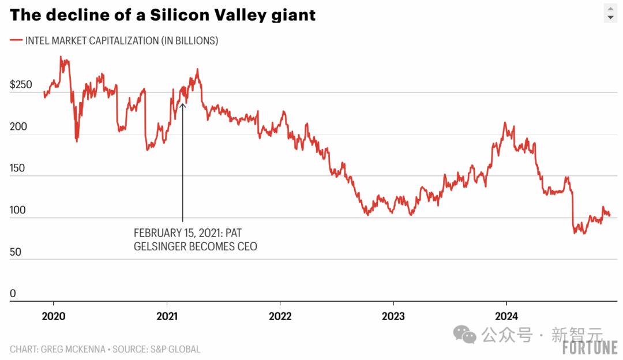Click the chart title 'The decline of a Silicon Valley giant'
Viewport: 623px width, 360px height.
point(163,16)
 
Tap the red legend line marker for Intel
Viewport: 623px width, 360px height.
point(16,40)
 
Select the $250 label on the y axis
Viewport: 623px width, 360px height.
point(21,85)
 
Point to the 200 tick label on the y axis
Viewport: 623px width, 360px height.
point(18,126)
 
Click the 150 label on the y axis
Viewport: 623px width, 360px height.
point(18,168)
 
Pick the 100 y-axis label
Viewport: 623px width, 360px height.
point(18,210)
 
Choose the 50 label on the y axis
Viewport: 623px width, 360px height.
point(16,252)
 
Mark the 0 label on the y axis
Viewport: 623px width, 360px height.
point(13,294)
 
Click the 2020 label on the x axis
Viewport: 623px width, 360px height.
point(54,316)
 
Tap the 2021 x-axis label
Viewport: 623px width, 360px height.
point(167,316)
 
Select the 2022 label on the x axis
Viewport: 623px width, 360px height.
point(280,316)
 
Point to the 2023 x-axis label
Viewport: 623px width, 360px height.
point(393,316)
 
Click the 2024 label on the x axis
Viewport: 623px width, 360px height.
point(506,316)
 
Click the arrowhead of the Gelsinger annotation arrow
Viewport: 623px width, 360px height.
point(182,106)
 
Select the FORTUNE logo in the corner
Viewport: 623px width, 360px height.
point(590,348)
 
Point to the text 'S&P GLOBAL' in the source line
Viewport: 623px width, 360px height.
point(175,349)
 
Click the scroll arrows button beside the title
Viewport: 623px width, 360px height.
point(611,13)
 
